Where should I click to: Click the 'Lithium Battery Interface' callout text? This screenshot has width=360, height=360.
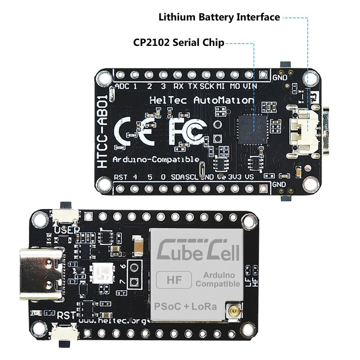(x=219, y=18)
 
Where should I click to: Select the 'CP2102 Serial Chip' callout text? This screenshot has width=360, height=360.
(x=179, y=43)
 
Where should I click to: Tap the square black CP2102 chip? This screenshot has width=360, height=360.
(x=253, y=128)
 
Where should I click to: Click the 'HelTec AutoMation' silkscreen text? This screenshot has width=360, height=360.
(x=201, y=100)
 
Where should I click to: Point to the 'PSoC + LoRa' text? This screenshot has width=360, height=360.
(x=186, y=306)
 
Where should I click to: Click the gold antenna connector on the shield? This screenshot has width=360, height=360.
(x=235, y=310)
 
